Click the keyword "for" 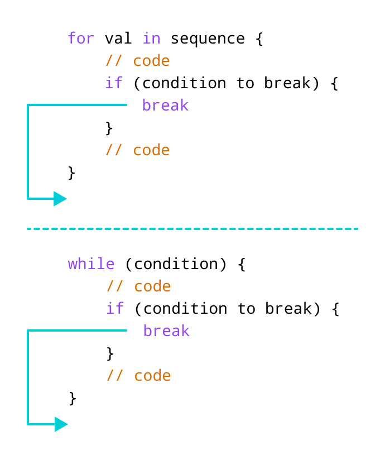(81, 39)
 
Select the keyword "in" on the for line (151, 39)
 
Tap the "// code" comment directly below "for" (138, 61)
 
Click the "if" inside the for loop (114, 83)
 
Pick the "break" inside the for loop (165, 106)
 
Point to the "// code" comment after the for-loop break (138, 150)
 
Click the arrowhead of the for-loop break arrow (60, 199)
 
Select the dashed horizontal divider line (192, 229)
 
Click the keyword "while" (92, 264)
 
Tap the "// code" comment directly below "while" (139, 286)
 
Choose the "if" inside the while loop (115, 309)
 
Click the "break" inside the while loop (166, 331)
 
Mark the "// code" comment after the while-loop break (139, 376)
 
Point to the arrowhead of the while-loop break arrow (61, 424)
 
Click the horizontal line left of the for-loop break (78, 104)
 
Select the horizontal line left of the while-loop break (78, 330)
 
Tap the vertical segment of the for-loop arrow (27, 151)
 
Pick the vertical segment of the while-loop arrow (27, 377)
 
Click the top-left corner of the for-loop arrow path (27, 104)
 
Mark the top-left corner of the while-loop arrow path (27, 330)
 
